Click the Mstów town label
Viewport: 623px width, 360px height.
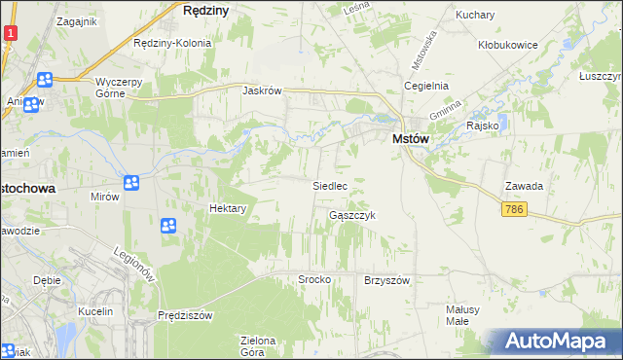411,139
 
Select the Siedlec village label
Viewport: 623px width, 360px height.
329,185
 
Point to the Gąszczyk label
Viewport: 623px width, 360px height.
351,215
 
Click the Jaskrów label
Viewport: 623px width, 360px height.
262,90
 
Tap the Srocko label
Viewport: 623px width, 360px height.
314,279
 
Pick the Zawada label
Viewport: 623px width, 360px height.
523,186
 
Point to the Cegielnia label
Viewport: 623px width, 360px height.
427,86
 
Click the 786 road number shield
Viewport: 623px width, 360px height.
516,210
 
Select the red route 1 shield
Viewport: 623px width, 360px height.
9,33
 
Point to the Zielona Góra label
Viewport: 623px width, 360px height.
259,345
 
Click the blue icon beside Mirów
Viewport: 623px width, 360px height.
131,182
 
